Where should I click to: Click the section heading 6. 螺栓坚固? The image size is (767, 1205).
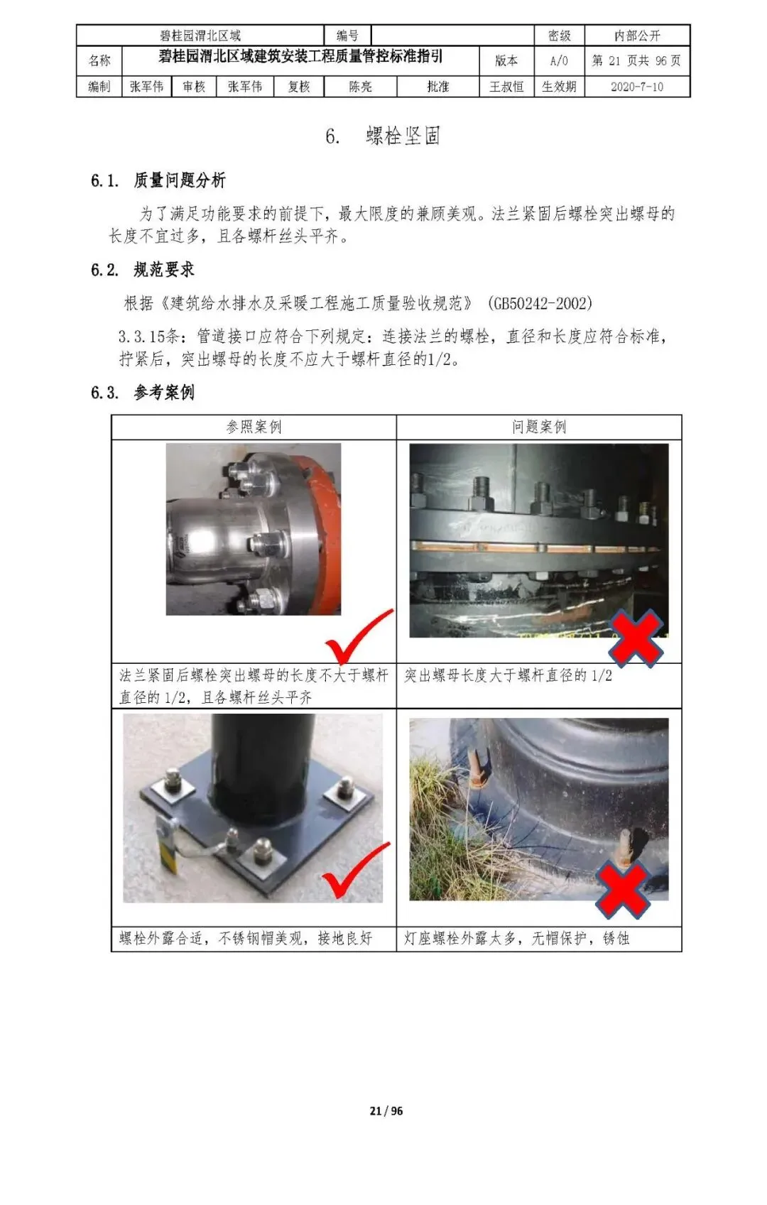[383, 136]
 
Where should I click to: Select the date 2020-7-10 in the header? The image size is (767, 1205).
[637, 87]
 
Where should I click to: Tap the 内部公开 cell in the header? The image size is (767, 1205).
[637, 36]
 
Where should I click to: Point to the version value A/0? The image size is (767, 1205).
[559, 61]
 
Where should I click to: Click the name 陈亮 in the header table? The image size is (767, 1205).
[360, 87]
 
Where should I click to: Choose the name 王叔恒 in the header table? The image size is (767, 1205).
[506, 87]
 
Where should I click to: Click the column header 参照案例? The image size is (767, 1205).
[254, 427]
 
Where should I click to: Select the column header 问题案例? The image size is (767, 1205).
[539, 427]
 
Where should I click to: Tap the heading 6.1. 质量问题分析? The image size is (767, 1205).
[158, 180]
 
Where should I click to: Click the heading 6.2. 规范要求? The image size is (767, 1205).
[143, 270]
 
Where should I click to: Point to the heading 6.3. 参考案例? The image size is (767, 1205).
[143, 392]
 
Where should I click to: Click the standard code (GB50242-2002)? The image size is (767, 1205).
[540, 303]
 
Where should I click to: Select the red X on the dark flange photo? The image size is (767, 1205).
[636, 638]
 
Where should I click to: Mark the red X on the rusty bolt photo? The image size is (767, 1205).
[623, 890]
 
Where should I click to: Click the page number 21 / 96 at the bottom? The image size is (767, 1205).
[386, 1111]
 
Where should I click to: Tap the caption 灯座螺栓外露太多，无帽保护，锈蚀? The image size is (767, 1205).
[516, 939]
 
